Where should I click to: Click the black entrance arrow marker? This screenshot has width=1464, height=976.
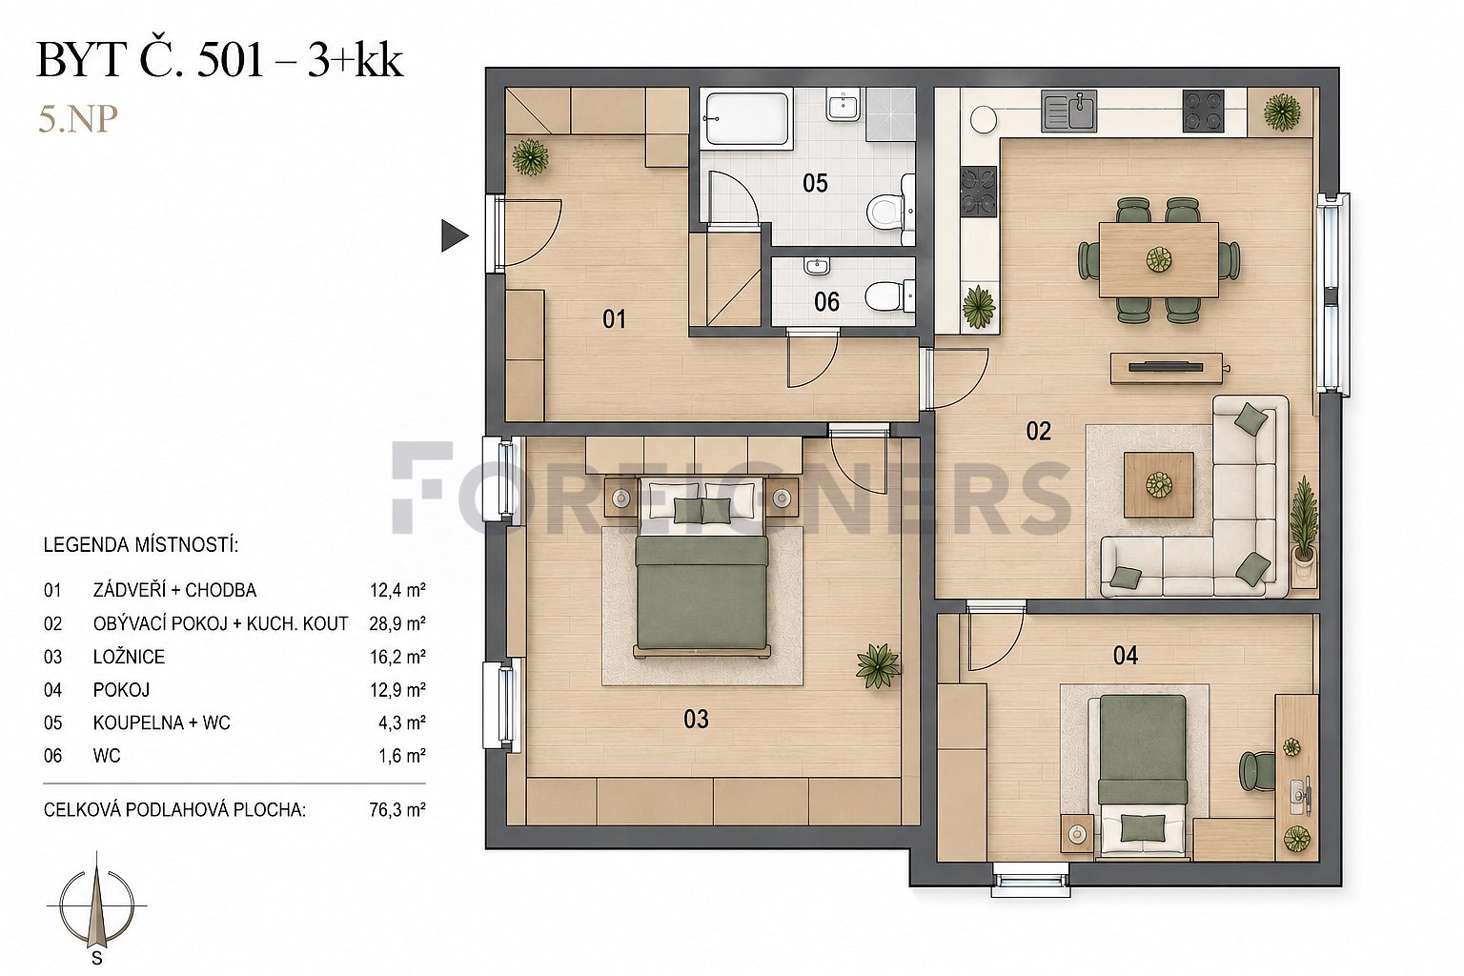[x=455, y=235]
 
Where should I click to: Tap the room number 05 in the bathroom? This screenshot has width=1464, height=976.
[x=815, y=184]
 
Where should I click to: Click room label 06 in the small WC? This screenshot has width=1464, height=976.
[x=826, y=302]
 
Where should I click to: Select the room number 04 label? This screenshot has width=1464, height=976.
[x=1126, y=655]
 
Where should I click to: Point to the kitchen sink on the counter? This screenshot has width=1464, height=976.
[x=1068, y=111]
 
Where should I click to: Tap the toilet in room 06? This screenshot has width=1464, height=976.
[x=890, y=296]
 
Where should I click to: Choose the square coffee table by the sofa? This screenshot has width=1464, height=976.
[x=1159, y=485]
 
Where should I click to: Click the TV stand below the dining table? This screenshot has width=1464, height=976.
[x=1166, y=368]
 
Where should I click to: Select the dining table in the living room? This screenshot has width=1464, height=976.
[x=1158, y=260]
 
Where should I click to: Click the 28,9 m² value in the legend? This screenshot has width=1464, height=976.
[x=397, y=623]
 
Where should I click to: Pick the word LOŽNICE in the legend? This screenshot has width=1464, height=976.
[x=129, y=657]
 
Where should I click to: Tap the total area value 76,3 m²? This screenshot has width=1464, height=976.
[x=397, y=810]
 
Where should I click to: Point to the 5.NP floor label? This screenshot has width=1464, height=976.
[x=78, y=120]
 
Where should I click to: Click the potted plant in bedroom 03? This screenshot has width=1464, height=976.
[x=877, y=665]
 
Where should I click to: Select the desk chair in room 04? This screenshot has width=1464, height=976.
[x=1257, y=771]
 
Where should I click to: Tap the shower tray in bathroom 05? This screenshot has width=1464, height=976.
[x=890, y=115]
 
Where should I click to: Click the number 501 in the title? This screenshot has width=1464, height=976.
[x=230, y=61]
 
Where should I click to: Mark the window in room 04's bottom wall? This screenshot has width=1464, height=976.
[x=1030, y=879]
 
